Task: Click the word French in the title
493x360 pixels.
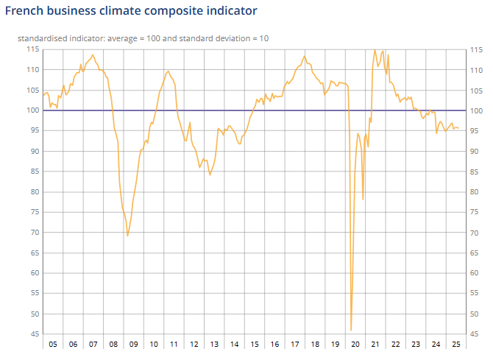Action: point(24,11)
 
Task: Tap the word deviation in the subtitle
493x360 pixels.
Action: point(235,38)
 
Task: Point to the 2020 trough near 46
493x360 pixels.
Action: point(351,330)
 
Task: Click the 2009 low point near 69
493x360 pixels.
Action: point(127,236)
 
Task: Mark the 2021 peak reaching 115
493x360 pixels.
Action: point(375,49)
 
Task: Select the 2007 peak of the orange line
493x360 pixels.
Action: point(93,54)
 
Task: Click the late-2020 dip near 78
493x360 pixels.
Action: point(363,200)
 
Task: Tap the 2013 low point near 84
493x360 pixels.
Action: point(210,175)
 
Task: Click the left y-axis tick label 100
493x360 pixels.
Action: point(32,110)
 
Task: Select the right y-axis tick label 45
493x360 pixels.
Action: point(474,334)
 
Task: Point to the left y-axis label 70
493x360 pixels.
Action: point(35,232)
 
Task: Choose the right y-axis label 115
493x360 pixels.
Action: point(476,50)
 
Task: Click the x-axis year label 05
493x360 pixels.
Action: point(53,345)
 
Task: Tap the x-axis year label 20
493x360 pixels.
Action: point(355,345)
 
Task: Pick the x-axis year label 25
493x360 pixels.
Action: point(456,345)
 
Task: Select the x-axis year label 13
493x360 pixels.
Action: point(214,345)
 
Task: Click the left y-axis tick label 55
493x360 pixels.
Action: point(35,293)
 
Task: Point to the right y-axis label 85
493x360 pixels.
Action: point(474,172)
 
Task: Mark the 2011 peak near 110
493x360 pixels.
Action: point(169,71)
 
